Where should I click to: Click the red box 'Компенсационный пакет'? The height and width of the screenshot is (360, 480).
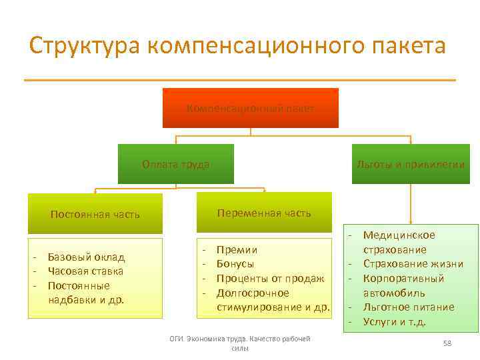(251, 108)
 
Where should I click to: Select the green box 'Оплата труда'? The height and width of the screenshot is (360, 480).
(176, 164)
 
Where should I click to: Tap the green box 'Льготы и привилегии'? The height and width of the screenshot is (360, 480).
(411, 164)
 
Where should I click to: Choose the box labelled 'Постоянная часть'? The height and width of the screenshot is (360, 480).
(95, 214)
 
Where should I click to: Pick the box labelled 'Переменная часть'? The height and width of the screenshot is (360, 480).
(264, 213)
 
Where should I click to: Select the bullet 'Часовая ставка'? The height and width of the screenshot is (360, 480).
(85, 271)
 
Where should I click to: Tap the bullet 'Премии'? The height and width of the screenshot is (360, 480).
(237, 249)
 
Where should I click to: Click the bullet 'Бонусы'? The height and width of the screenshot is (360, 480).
(235, 264)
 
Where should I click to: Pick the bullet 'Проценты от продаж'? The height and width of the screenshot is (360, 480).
(271, 279)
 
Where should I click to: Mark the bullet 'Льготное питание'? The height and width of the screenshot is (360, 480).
(409, 307)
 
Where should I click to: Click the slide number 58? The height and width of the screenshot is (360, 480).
(447, 343)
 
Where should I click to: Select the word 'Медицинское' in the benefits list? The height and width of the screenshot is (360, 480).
(399, 235)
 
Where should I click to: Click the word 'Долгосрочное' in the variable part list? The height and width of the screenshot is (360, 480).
(253, 293)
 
